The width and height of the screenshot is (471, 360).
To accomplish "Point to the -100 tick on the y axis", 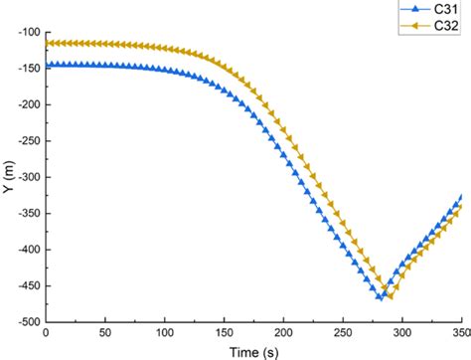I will tap(28, 32).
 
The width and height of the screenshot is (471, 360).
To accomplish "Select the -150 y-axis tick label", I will tap(28, 69).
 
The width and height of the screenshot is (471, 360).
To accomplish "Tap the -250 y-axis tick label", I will tap(28, 141).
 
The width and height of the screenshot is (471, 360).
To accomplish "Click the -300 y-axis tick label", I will tap(28, 177).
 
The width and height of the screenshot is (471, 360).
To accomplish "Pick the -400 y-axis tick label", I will tap(28, 250).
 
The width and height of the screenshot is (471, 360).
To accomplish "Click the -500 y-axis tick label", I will tap(28, 321).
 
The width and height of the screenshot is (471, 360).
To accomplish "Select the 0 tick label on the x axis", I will tap(47, 333).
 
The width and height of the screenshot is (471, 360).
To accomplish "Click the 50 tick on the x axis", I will tap(106, 333).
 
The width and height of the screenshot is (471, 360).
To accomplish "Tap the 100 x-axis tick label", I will tap(165, 333).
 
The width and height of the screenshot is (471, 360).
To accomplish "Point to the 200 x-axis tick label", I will tap(284, 333).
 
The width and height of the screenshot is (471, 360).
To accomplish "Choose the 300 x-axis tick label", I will tap(402, 333).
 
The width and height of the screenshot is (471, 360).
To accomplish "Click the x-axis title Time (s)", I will tap(253, 351).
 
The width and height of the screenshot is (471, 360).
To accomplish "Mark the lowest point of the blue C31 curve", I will tap(380, 297).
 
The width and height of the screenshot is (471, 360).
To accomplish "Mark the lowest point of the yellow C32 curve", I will tap(390, 296).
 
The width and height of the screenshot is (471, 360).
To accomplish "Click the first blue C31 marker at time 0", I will tap(47, 64).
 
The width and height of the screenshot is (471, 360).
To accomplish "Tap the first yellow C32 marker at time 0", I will tap(47, 43).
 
